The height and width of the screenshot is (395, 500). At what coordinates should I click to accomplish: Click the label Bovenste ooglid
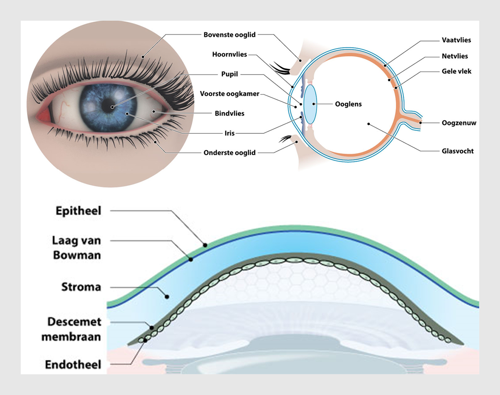229,34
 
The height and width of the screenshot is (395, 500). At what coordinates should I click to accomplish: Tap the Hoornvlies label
229,54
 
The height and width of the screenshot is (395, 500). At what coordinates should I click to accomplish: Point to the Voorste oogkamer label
229,94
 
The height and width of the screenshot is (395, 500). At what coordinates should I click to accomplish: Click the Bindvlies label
229,113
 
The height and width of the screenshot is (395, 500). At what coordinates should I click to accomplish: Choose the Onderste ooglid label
229,152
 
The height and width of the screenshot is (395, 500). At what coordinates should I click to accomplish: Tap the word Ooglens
348,104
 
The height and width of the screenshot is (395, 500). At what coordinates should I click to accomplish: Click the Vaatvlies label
456,41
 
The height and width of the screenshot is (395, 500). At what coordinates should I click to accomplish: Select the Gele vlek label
456,71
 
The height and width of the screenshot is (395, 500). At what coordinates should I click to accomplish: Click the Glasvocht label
458,151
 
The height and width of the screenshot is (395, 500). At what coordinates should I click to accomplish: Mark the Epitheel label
78,211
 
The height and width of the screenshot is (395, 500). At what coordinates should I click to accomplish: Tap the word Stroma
81,287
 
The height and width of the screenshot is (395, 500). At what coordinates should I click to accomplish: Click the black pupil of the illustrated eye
112,107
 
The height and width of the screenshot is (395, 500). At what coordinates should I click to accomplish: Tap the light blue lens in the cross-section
310,104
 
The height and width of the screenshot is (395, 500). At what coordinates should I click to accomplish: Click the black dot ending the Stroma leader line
166,296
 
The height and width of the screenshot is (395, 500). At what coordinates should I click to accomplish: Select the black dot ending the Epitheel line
205,245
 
